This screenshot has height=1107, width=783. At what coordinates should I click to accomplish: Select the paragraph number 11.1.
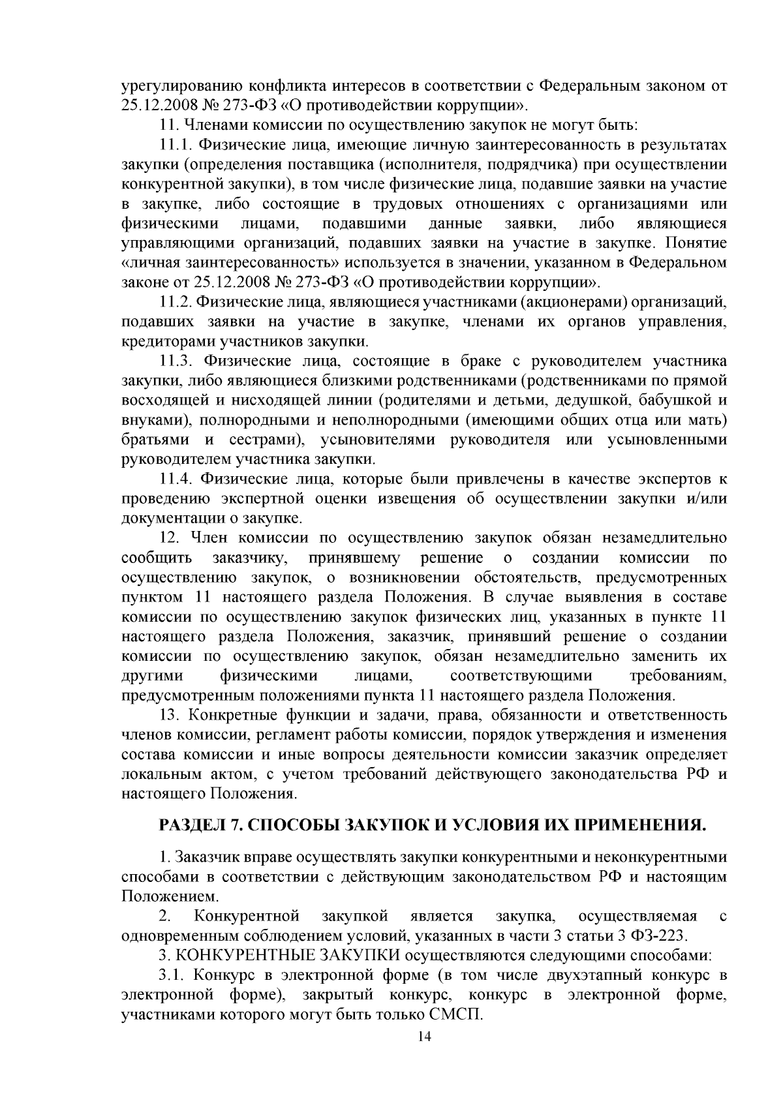click(x=175, y=145)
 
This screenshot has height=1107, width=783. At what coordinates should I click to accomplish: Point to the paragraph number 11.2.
click(x=175, y=303)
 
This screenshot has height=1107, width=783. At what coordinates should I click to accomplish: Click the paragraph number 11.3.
click(x=175, y=361)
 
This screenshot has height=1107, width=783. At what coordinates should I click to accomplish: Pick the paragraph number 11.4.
click(x=175, y=479)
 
